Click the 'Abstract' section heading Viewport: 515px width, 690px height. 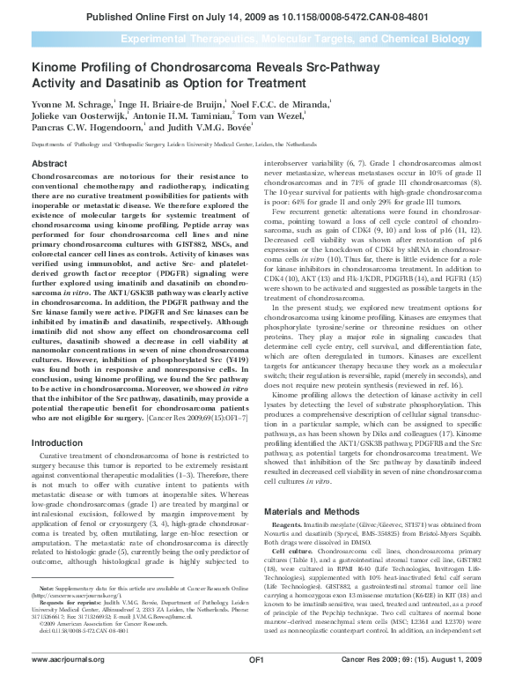click(48, 164)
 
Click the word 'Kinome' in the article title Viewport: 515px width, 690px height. click(53, 67)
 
